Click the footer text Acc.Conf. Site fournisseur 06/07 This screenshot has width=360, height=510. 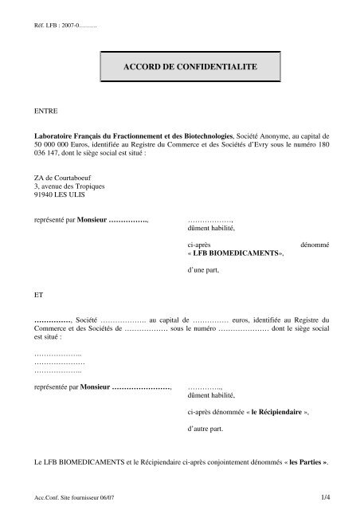(x=70, y=497)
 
